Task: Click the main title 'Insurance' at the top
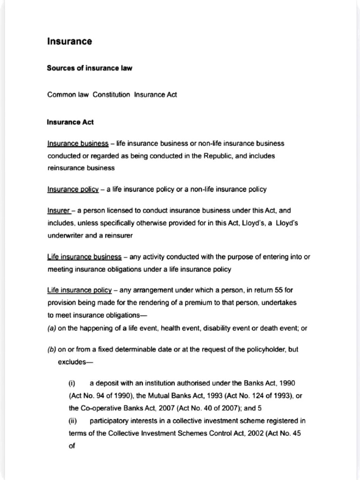[69, 42]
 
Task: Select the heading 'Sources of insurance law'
[90, 68]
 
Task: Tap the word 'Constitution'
[112, 95]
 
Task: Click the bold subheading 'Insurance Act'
[70, 122]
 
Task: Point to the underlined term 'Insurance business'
[78, 143]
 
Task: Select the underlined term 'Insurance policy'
[73, 189]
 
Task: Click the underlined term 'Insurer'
[58, 211]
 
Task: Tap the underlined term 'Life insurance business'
[84, 257]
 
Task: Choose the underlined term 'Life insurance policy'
[80, 291]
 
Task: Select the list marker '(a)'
[52, 329]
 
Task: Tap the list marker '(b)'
[52, 350]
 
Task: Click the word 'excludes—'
[75, 362]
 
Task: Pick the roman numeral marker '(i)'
[72, 383]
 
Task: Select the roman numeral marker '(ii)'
[73, 420]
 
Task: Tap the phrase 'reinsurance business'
[81, 168]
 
